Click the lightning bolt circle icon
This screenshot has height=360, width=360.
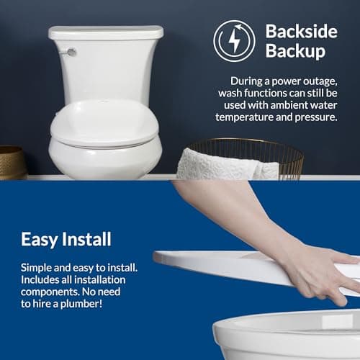point(235,40)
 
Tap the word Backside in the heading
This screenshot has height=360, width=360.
point(297,31)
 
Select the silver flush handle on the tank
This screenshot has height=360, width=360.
point(71,52)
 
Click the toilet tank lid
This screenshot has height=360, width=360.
point(106,32)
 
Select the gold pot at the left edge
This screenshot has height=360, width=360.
point(11,161)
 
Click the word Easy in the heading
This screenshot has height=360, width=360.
point(40,239)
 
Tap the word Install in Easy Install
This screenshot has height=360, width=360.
point(89,239)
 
